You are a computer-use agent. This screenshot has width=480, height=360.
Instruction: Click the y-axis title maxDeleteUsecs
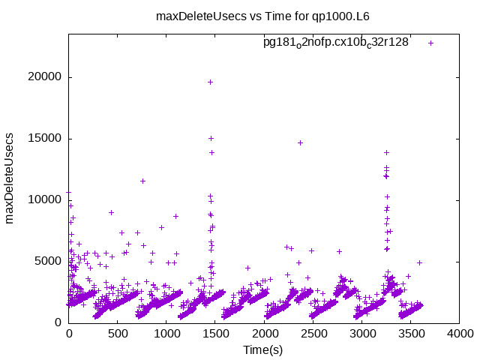(x=10, y=179)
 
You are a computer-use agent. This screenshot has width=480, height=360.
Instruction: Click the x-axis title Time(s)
(x=262, y=349)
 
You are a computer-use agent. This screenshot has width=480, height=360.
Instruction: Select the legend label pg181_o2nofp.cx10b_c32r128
(x=335, y=43)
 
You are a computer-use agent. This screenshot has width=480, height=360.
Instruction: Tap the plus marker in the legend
(x=431, y=43)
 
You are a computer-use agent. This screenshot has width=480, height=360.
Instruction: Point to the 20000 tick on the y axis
(x=45, y=77)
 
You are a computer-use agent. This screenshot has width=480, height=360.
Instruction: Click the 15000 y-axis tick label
(x=45, y=139)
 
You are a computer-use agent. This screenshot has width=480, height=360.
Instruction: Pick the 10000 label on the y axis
(x=45, y=199)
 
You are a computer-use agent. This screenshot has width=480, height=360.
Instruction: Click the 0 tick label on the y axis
(x=58, y=322)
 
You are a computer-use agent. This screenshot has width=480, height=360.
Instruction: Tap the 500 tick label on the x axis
(x=118, y=334)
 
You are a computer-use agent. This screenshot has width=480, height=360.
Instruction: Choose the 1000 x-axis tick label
(x=166, y=334)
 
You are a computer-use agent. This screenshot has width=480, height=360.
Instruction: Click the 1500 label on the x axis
(x=215, y=334)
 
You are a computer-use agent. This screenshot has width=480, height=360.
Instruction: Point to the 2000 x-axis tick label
(x=264, y=334)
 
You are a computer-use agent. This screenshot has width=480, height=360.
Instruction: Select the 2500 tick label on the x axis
(x=313, y=334)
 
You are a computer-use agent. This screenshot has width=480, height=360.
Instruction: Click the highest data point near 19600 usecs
(x=211, y=82)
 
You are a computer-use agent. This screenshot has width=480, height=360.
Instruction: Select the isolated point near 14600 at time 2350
(x=300, y=142)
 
